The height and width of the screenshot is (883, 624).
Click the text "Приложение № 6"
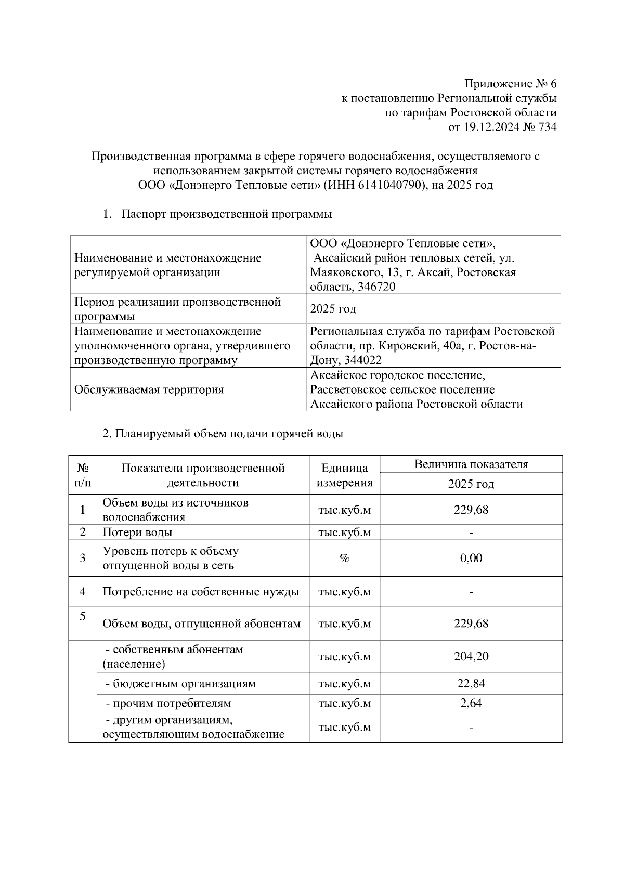pyautogui.click(x=510, y=84)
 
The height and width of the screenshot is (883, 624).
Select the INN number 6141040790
pyautogui.click(x=389, y=185)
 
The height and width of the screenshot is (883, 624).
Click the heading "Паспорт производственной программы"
pyautogui.click(x=226, y=214)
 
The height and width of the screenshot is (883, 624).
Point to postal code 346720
pyautogui.click(x=376, y=287)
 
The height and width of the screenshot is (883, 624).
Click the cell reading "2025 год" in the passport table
pyautogui.click(x=333, y=309)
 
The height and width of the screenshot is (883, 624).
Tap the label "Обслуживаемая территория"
pyautogui.click(x=149, y=389)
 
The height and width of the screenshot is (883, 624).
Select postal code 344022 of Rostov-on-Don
pyautogui.click(x=360, y=360)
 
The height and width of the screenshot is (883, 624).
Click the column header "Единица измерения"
pyautogui.click(x=344, y=475)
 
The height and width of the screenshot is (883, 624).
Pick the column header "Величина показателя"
pyautogui.click(x=471, y=464)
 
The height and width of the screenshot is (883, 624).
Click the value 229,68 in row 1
pyautogui.click(x=471, y=510)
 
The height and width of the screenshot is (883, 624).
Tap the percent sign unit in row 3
pyautogui.click(x=344, y=558)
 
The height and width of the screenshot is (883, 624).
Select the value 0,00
pyautogui.click(x=471, y=558)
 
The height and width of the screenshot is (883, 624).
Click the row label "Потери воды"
pyautogui.click(x=137, y=532)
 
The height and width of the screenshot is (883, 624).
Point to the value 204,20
pyautogui.click(x=471, y=656)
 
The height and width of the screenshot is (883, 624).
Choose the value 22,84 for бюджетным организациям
pyautogui.click(x=471, y=683)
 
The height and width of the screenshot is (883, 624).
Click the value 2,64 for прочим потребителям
pyautogui.click(x=471, y=703)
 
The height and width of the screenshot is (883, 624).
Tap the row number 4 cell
pyautogui.click(x=82, y=591)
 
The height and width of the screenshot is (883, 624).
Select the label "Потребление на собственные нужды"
pyautogui.click(x=201, y=591)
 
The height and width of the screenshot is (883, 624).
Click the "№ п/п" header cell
pyautogui.click(x=82, y=475)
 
